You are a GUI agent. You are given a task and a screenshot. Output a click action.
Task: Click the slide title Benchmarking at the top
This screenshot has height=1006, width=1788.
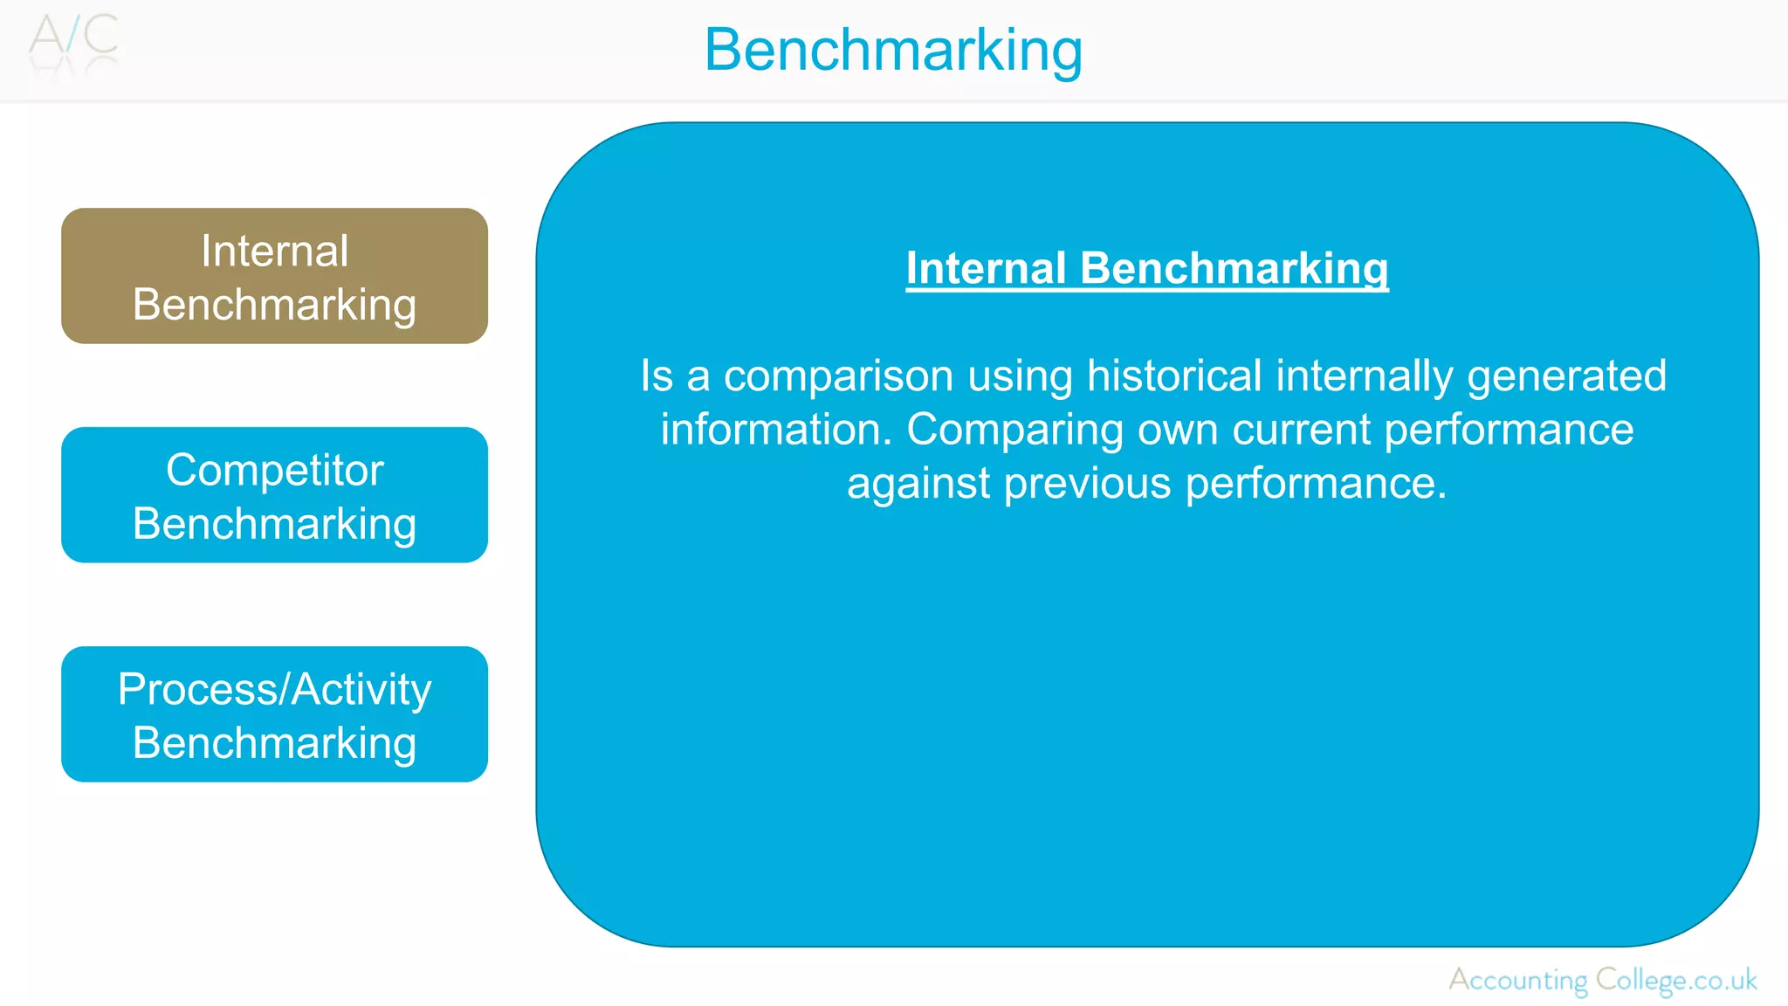[893, 50]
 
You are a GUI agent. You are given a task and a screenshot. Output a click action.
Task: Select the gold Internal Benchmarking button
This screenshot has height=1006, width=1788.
[274, 276]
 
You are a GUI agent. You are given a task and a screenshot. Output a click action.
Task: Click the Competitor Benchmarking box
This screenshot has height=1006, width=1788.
[274, 495]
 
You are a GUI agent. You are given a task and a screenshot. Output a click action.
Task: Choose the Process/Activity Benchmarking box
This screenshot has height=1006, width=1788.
[274, 714]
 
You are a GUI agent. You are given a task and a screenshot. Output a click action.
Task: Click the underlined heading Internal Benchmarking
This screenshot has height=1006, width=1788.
[1146, 268]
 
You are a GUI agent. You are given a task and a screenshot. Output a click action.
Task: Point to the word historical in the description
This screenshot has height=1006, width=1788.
[1173, 376]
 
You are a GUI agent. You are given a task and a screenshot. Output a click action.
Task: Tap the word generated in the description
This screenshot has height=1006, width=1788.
[1566, 376]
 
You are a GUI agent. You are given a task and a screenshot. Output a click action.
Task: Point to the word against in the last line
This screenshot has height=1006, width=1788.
[918, 484]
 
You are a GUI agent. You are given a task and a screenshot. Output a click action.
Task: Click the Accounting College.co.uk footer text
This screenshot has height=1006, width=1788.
[1603, 980]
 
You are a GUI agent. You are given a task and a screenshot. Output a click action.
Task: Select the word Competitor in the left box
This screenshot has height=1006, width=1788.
[274, 470]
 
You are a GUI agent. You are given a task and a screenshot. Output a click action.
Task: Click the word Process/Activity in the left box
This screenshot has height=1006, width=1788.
[274, 690]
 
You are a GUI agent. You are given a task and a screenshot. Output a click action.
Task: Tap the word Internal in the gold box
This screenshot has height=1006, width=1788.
[274, 251]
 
